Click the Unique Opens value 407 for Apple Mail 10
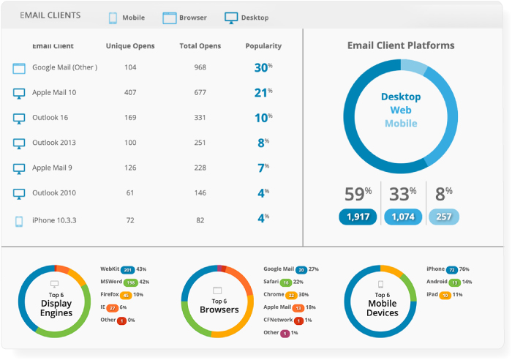tap(130, 93)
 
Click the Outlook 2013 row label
tap(53, 143)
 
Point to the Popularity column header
tap(263, 46)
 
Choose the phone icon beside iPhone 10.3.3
tap(19, 220)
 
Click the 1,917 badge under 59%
tap(358, 217)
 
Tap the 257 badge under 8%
tap(444, 217)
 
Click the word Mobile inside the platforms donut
tap(401, 123)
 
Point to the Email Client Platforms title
tap(401, 45)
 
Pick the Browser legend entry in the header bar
tap(185, 18)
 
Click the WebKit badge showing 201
tap(128, 270)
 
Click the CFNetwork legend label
tap(278, 320)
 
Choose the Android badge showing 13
tap(454, 282)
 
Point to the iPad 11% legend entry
tap(443, 294)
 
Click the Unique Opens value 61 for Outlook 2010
tap(130, 193)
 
